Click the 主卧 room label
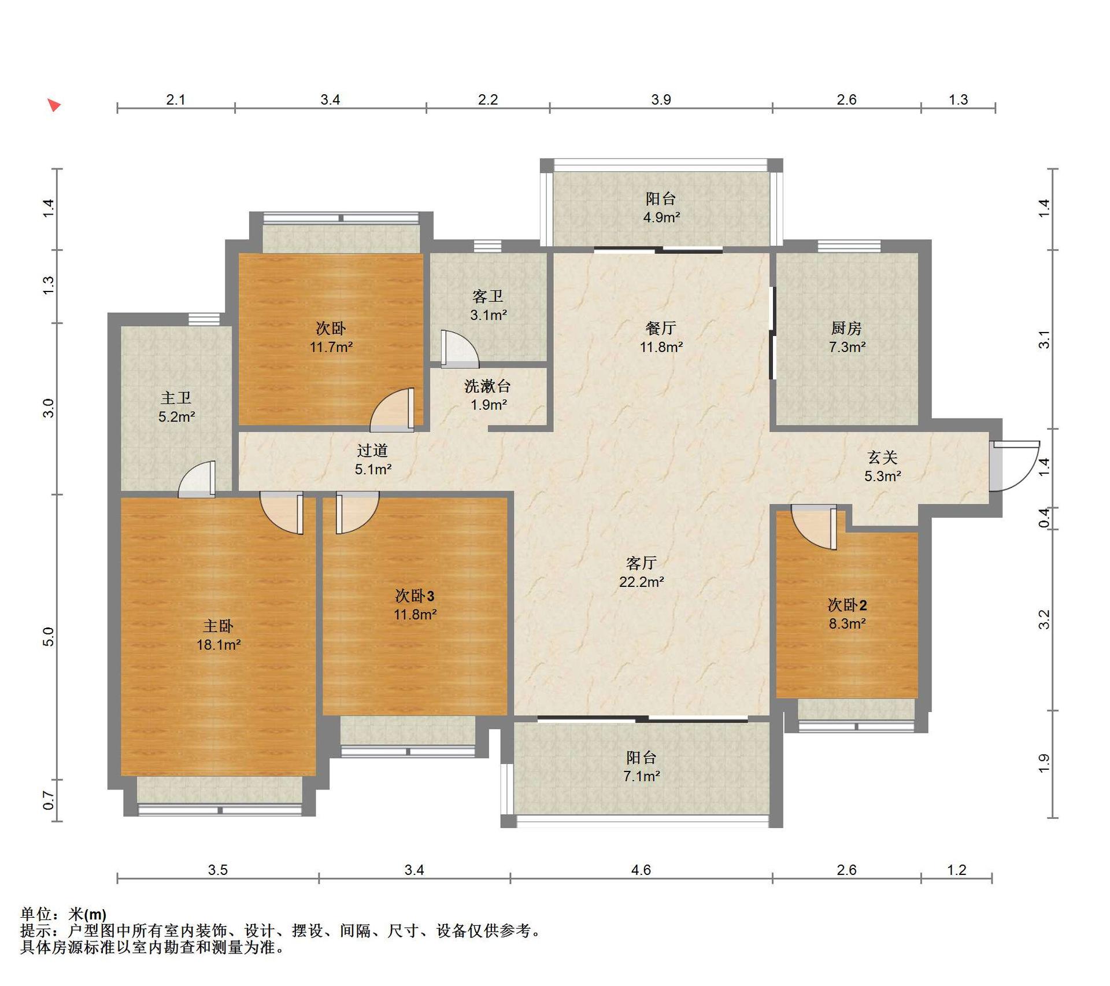coord(218,626)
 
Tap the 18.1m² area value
coord(219,644)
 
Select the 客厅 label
coord(641,563)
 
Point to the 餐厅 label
coord(661,328)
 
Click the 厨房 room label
coord(846,328)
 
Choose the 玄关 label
coord(883,457)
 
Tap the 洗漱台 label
coord(487,386)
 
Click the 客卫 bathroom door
coord(460,349)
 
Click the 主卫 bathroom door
coord(197,479)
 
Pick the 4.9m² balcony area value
coord(661,217)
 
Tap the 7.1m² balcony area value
coord(642,776)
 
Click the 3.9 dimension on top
coord(661,99)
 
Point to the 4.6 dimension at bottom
coord(641,870)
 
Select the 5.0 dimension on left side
coord(49,637)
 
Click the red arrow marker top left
coord(54,105)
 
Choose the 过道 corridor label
coord(372,450)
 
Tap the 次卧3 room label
coord(415,596)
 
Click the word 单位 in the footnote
coord(36,914)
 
